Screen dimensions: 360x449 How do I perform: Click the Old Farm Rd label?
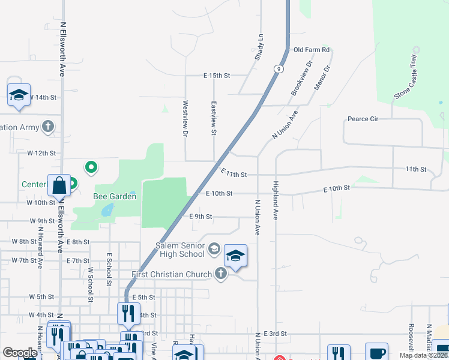pos(311,50)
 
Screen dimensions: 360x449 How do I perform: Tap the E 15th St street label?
pos(217,76)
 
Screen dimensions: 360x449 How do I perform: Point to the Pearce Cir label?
pos(363,119)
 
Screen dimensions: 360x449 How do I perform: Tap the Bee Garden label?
pos(114,196)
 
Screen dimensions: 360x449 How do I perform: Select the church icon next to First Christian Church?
pos(221,274)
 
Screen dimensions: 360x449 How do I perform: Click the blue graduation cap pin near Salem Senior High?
pos(236,256)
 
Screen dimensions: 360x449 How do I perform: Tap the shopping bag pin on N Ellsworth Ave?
pos(59,186)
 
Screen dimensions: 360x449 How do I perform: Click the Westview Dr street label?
pos(185,117)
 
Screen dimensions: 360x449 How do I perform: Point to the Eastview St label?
pos(213,117)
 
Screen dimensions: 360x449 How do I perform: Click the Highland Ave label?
pos(276,200)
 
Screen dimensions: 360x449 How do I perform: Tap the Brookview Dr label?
pos(302,78)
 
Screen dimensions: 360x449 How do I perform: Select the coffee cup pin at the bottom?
pos(376,353)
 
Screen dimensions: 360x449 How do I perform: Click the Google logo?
pos(20,353)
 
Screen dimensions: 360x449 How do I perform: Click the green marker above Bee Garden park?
pos(91,167)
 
